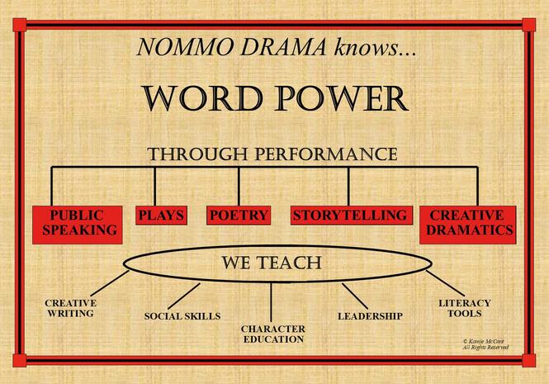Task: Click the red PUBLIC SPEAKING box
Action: tap(78, 225)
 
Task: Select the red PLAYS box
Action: tap(162, 216)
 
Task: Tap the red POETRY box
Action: tap(239, 216)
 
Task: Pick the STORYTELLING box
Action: tap(352, 216)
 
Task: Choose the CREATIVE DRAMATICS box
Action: tap(468, 225)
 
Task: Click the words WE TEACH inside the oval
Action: tap(272, 263)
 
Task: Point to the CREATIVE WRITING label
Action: tap(71, 308)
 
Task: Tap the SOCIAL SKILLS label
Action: tap(182, 316)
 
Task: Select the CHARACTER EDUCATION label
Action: tap(273, 334)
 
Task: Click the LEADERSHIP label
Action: tap(370, 316)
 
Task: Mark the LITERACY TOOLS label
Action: tap(465, 308)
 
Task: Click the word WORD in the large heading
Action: tap(203, 98)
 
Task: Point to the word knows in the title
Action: tap(367, 47)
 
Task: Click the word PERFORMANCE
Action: tap(326, 154)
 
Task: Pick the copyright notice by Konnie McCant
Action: tap(485, 344)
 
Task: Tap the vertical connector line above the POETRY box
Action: tap(239, 186)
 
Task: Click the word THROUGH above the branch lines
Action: tap(198, 154)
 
